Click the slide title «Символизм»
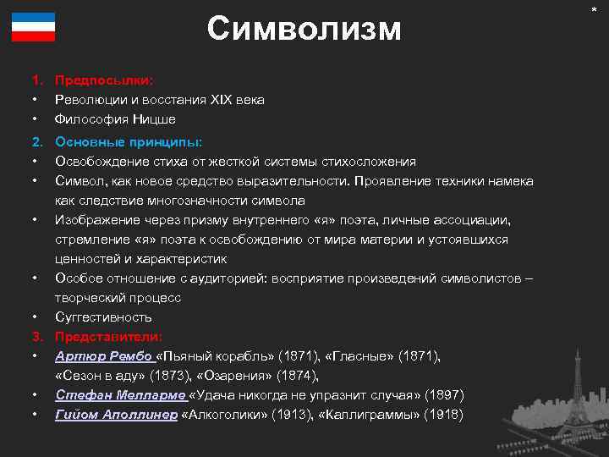click(304, 30)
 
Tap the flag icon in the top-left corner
click(33, 28)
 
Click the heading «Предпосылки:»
click(104, 80)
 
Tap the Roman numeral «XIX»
click(219, 100)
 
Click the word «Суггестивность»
click(103, 317)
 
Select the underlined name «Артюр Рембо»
click(104, 355)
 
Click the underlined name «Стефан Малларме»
click(122, 394)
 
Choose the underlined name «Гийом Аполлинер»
click(117, 414)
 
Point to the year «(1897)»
click(444, 394)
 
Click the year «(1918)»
click(444, 414)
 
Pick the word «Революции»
click(87, 100)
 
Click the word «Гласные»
click(358, 355)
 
